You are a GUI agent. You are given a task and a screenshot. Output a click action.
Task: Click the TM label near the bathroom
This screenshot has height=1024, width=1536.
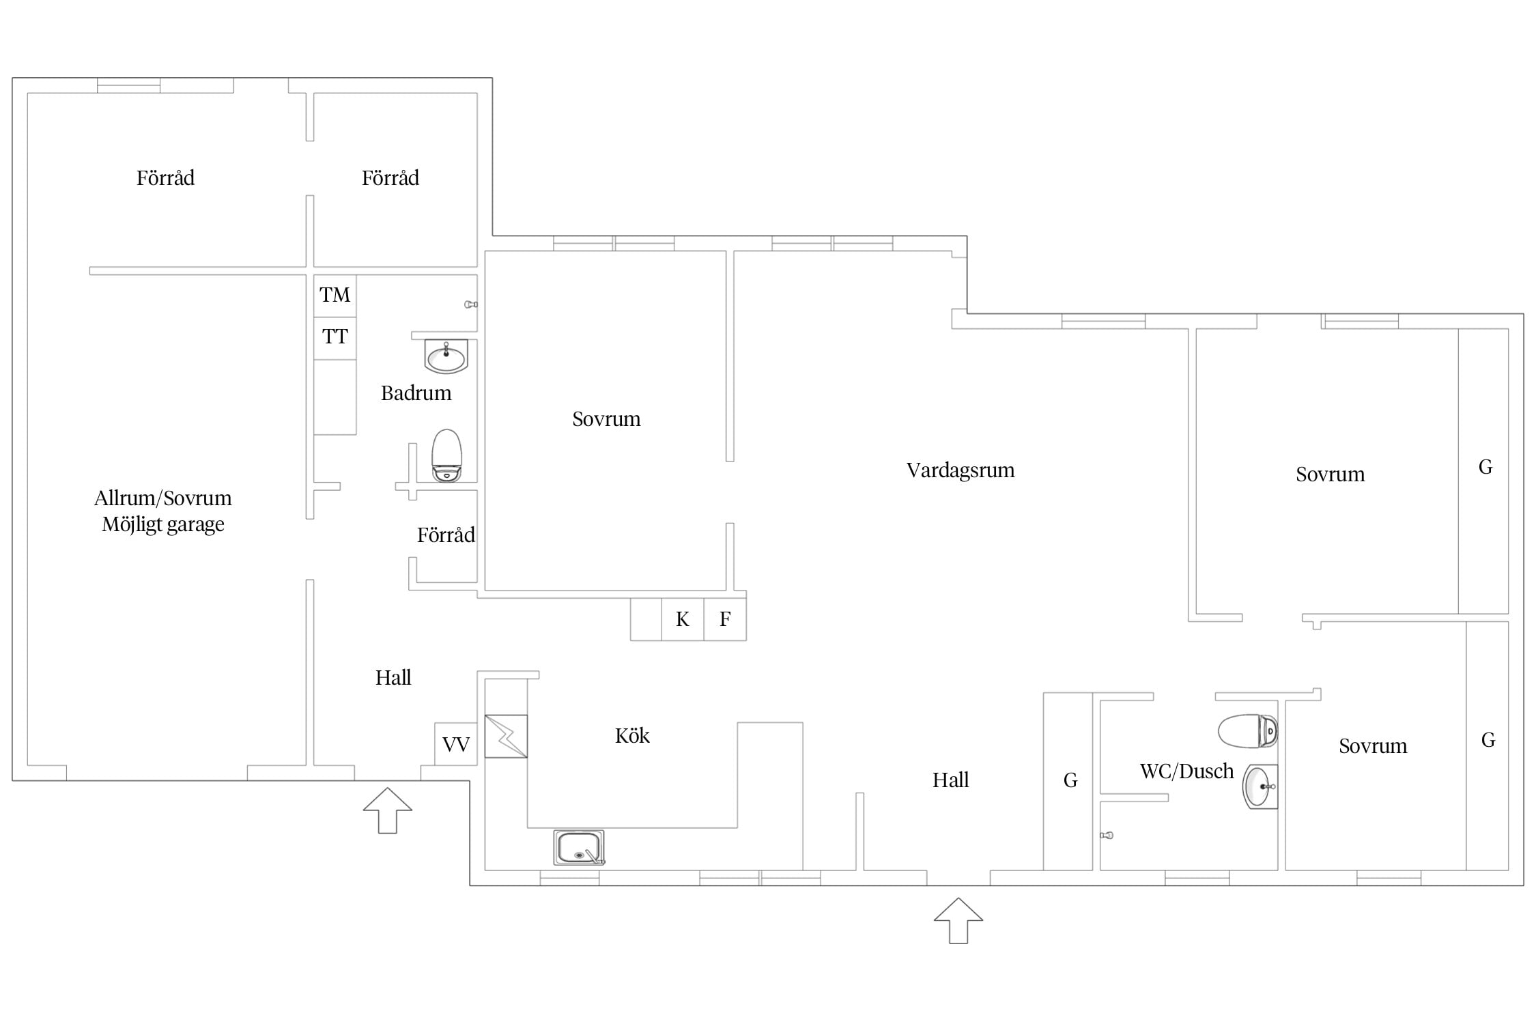coord(335,295)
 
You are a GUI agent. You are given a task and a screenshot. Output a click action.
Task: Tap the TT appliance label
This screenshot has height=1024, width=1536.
coord(335,337)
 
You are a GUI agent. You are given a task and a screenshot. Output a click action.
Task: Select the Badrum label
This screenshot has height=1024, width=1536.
coord(416,393)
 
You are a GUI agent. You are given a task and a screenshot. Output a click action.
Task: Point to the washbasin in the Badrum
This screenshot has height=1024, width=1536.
coord(446,356)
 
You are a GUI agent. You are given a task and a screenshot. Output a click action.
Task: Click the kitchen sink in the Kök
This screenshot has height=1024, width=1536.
coord(579,847)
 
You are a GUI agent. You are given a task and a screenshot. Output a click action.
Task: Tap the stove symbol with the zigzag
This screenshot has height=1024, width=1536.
coord(506,736)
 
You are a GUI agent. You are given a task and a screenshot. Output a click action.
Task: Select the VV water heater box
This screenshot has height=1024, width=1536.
coord(455,744)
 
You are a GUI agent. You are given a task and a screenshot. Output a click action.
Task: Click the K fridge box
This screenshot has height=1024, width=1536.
coord(682,619)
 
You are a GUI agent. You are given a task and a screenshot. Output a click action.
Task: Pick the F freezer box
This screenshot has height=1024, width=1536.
coord(725,619)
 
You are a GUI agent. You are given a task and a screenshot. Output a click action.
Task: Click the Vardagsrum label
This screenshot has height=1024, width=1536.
coord(961,470)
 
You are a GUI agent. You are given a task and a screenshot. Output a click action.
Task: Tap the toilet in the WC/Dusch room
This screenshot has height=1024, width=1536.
coord(1248,731)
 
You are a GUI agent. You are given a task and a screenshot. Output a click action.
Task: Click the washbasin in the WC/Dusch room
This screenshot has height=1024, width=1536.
coord(1260,786)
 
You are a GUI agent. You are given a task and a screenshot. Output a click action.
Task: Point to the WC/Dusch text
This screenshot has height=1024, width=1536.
coord(1186,771)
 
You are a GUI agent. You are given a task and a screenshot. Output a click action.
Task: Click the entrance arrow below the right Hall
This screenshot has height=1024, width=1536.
coord(958,921)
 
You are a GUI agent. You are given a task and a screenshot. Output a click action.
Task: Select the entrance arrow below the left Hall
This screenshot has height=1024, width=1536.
coord(388,810)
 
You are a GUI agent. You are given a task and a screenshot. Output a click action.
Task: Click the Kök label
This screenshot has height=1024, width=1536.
coord(632,736)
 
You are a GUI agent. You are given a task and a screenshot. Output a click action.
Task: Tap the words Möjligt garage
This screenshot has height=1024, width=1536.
coord(163,525)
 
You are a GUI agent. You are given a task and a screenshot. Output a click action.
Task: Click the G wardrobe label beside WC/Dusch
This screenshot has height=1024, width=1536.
coord(1070,780)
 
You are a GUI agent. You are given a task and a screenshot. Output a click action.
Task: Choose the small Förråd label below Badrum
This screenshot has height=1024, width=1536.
coord(446,535)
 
